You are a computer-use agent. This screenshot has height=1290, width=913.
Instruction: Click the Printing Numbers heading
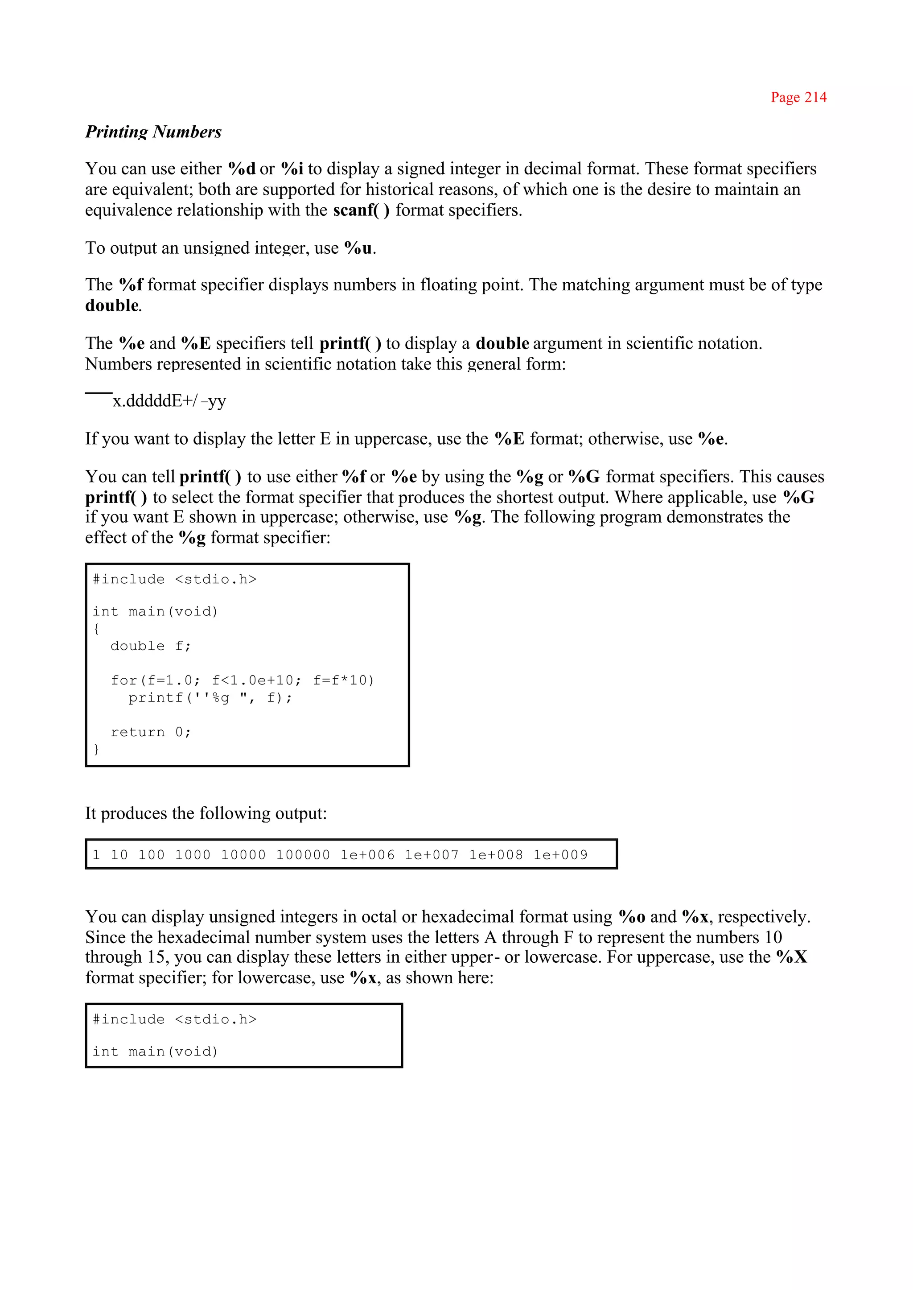coord(153,132)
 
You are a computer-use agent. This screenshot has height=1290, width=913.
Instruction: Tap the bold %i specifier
coord(292,169)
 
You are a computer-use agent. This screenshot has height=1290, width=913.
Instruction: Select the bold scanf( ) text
coord(361,210)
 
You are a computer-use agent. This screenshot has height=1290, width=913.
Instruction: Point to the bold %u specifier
coord(358,248)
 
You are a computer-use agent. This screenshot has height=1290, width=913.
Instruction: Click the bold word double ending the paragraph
coord(112,305)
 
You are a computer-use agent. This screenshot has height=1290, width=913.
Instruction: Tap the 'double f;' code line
coord(151,646)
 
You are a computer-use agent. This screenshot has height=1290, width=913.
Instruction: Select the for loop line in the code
coord(242,680)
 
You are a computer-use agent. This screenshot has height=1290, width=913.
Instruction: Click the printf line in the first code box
coord(210,698)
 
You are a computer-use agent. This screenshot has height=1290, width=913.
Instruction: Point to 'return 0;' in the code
coord(151,732)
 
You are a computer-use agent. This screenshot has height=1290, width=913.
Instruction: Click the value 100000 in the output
coord(302,855)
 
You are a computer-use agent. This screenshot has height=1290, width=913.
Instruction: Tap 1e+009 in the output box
coord(560,855)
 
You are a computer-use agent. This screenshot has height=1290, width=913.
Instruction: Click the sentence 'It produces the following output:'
coord(206,813)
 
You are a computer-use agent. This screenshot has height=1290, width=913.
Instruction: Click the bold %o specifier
coord(631,917)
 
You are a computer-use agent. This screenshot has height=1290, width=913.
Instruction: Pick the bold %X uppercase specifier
coord(792,957)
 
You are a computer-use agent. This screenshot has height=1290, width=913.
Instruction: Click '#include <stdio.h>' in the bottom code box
coord(174,1019)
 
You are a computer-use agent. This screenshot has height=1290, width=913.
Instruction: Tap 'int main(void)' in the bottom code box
coord(155,1051)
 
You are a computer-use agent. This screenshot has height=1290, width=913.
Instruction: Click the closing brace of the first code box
coord(96,750)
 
